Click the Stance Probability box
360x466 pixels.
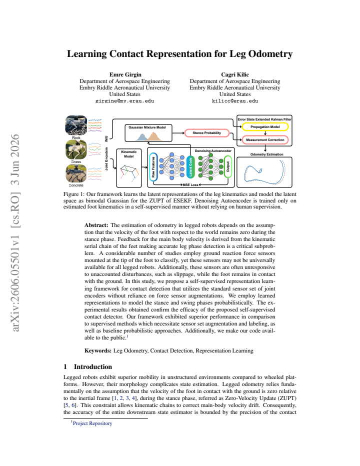[207, 133]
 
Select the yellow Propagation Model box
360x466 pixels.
[265, 127]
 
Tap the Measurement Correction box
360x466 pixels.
[265, 139]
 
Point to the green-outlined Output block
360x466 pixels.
[228, 166]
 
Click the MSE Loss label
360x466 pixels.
[190, 185]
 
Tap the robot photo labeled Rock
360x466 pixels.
[76, 125]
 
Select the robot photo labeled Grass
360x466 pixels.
[76, 150]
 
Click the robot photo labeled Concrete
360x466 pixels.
[76, 173]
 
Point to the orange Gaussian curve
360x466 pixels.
[153, 136]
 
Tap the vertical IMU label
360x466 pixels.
[106, 139]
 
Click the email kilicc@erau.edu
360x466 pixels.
[235, 100]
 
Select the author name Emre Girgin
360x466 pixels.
[125, 74]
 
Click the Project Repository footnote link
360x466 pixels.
[92, 423]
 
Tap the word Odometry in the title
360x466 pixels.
[270, 54]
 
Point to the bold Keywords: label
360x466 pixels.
[98, 350]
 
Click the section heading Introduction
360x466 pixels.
[93, 366]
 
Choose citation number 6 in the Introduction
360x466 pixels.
[73, 405]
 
